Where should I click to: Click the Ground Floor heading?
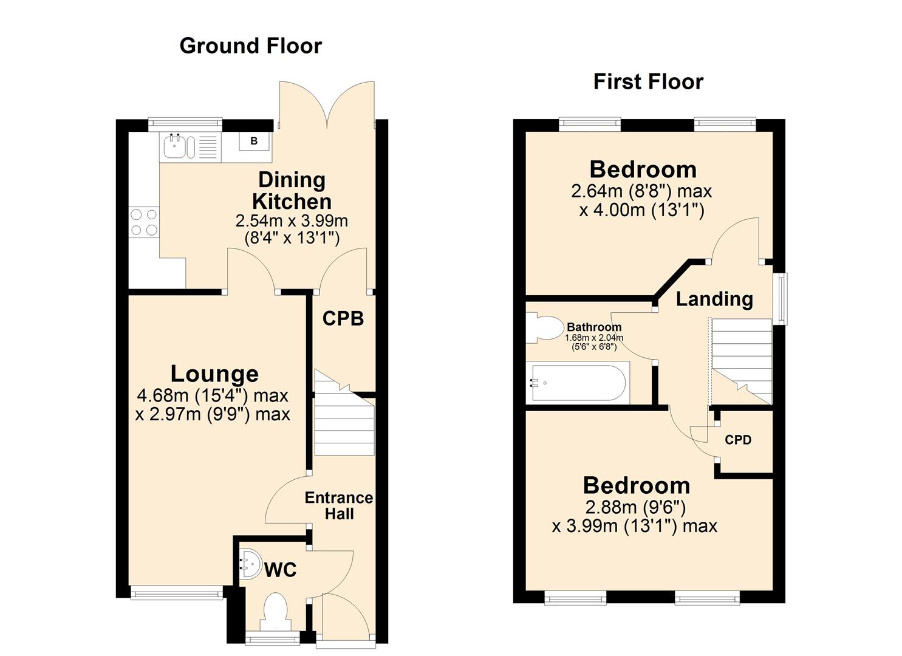(250, 46)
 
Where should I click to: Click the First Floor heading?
(647, 82)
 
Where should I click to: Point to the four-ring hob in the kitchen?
(144, 222)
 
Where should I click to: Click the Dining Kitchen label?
(292, 190)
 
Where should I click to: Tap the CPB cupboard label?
(343, 318)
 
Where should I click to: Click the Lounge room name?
(214, 374)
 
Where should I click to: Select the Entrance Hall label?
(338, 505)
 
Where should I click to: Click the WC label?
(280, 570)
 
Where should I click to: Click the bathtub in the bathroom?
(578, 383)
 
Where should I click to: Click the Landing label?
(714, 299)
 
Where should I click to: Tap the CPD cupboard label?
(737, 440)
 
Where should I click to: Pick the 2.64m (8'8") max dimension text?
(641, 191)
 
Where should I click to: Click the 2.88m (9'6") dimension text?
(635, 507)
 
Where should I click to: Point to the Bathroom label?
(593, 327)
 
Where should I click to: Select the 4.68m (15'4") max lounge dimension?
(213, 396)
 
